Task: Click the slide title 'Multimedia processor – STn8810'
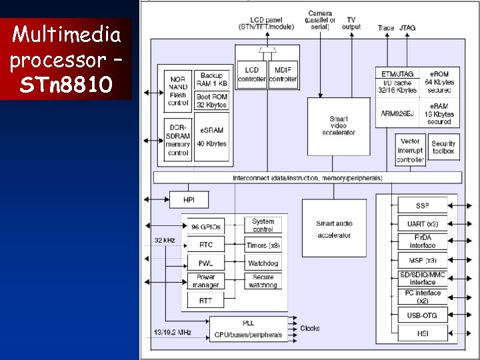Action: pos(66,59)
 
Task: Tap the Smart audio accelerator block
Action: pos(334,229)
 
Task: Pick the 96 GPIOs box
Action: pos(205,227)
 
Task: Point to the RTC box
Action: pos(205,245)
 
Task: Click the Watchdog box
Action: pos(263,263)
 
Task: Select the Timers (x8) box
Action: pos(263,245)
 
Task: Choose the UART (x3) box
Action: pos(422,223)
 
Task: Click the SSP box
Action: pos(422,205)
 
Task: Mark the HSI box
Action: pos(422,333)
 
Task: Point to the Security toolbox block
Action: pos(443,147)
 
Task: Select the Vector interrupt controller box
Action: pos(410,151)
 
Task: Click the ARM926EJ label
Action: pos(398,113)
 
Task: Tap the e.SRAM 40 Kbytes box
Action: pos(211,139)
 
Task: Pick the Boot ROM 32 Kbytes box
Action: pos(211,101)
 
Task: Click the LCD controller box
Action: pos(251,74)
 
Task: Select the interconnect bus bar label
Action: pos(307,178)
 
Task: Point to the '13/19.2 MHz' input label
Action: pos(173,331)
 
